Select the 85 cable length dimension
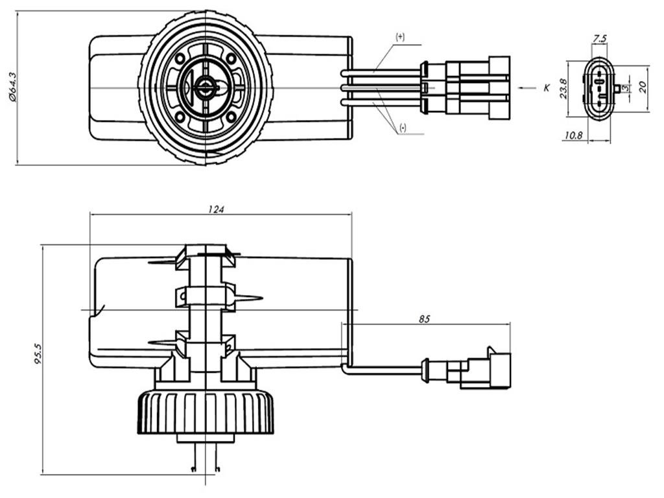425,318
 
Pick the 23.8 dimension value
564,88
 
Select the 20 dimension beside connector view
642,86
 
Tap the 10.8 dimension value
573,136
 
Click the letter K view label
547,87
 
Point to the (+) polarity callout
400,38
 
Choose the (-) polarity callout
403,128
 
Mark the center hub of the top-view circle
206,87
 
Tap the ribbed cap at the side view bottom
206,412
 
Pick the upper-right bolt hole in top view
231,58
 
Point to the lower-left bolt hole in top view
180,116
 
